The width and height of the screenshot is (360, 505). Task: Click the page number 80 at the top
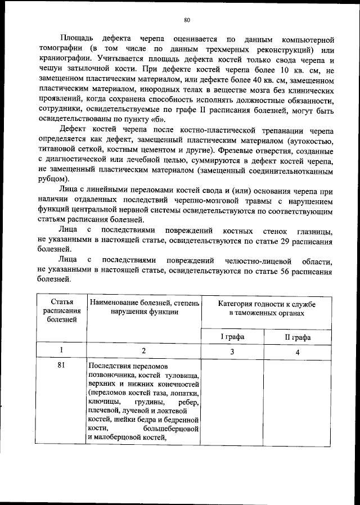point(187,20)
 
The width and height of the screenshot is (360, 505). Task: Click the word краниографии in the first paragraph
point(62,58)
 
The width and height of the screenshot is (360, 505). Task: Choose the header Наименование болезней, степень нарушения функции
point(144,308)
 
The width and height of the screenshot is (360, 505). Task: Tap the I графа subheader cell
point(231,337)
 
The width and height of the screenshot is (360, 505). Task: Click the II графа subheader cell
point(298,337)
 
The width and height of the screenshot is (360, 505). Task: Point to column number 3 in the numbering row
point(231,351)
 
